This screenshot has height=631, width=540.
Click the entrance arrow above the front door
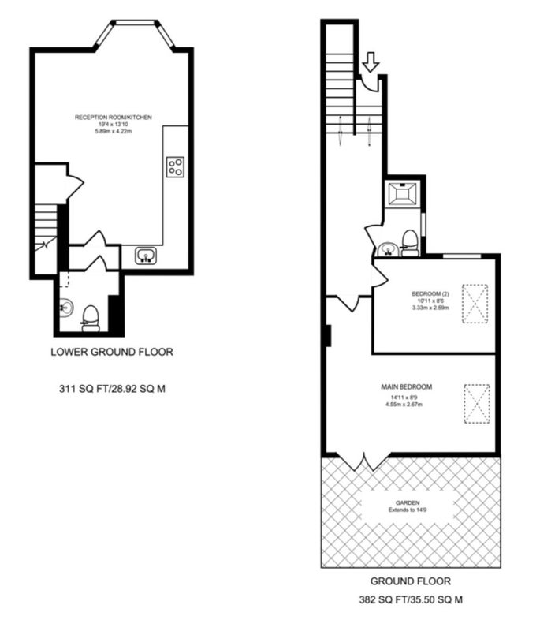[x=371, y=62]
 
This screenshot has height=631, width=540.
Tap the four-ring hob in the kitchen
[x=175, y=167]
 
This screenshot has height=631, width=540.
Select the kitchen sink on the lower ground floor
[x=146, y=256]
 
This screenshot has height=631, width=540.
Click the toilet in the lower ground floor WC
[x=91, y=319]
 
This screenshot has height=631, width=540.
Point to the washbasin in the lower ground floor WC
[x=66, y=308]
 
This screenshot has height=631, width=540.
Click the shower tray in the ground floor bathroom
[x=403, y=194]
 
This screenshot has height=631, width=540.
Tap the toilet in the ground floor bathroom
[x=410, y=243]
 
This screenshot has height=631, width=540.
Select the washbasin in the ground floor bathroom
[x=388, y=249]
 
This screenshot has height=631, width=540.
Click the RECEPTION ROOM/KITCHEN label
[x=114, y=118]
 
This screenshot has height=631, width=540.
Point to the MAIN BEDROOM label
[x=407, y=387]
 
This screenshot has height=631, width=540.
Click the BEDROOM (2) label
[x=430, y=293]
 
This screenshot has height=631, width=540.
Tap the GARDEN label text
[x=408, y=503]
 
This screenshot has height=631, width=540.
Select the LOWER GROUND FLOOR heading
[x=112, y=352]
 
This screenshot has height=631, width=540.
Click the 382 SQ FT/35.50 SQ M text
[x=411, y=600]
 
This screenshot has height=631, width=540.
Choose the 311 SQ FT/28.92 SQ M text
[x=112, y=389]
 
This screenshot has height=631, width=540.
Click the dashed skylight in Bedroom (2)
[x=475, y=304]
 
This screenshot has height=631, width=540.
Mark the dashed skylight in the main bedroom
[x=477, y=404]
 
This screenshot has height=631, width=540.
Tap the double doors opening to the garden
[x=364, y=461]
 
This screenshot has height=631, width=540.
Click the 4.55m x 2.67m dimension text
[x=404, y=405]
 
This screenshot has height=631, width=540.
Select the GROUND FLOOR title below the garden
[x=411, y=581]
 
